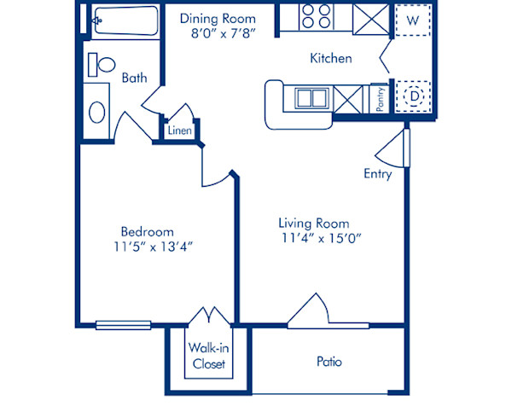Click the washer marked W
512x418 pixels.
[x=413, y=19]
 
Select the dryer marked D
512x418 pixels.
[x=414, y=96]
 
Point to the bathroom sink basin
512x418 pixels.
[x=97, y=112]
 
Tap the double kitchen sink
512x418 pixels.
[x=311, y=97]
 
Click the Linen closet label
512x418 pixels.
[x=179, y=131]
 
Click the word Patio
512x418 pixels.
[x=329, y=362]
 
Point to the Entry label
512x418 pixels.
[x=377, y=174]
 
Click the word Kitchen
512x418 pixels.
[x=330, y=59]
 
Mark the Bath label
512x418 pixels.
[x=134, y=78]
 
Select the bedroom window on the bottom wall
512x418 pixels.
[x=123, y=324]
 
